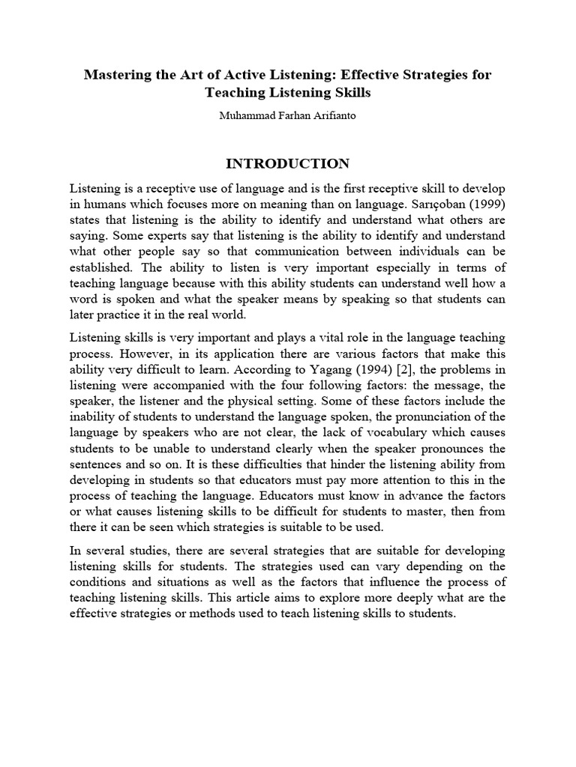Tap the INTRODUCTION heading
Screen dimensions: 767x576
(x=287, y=164)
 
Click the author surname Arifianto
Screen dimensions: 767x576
(x=331, y=116)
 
